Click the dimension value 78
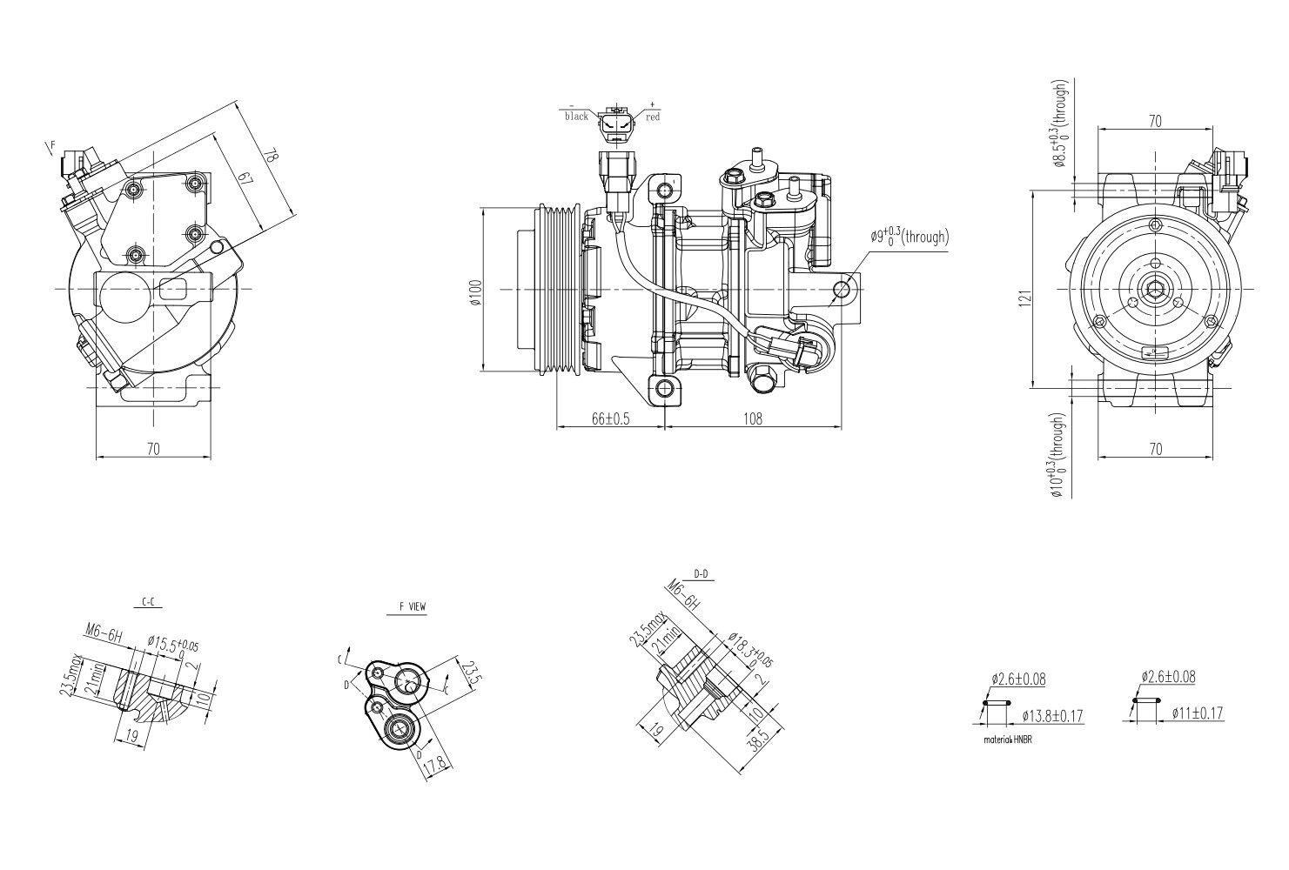(272, 157)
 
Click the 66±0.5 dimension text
(610, 418)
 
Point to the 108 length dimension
(753, 418)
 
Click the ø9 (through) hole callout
(910, 237)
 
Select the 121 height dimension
(1026, 297)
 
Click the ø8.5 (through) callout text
(1059, 124)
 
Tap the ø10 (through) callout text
(1058, 456)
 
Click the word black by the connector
(576, 117)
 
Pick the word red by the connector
(653, 117)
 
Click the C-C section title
(149, 601)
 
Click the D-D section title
(701, 573)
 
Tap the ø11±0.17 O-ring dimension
(1197, 713)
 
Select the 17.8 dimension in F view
(435, 766)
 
